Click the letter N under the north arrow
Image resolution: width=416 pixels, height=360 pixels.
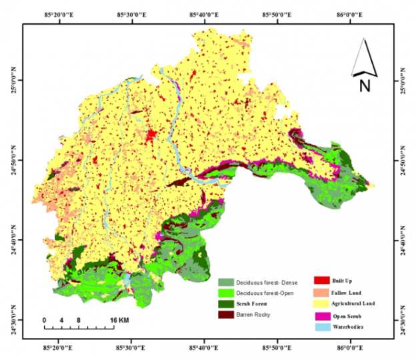(x=365, y=85)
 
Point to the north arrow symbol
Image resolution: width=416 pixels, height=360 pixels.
(x=364, y=57)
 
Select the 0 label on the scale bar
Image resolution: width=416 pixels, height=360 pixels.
(x=45, y=321)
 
